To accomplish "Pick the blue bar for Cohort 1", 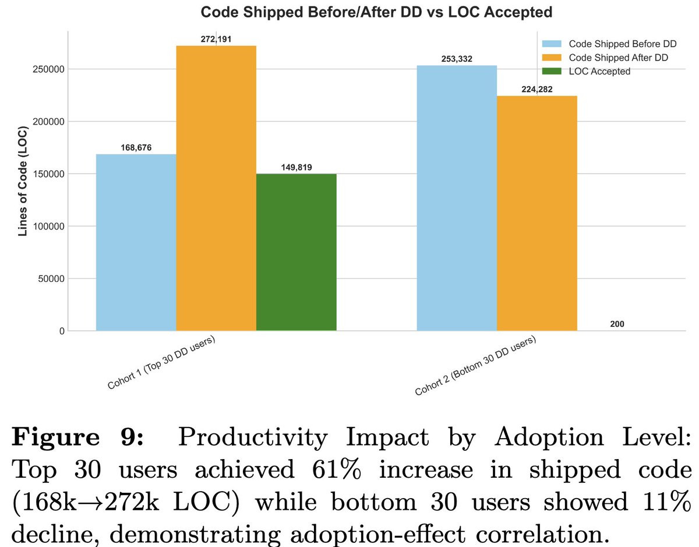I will pos(136,242).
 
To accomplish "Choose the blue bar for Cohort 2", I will pos(457,198).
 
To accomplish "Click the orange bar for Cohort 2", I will pos(537,213).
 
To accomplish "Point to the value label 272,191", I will pos(216,38).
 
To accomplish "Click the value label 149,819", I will pos(296,167).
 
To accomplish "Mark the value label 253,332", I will pos(457,59).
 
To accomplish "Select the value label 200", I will pos(617,323).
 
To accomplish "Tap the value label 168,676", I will pos(136,148).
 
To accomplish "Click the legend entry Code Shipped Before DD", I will pos(618,44).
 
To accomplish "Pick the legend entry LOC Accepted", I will pos(600,71).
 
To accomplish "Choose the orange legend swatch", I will pos(552,58).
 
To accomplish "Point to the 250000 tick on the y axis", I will pos(48,69).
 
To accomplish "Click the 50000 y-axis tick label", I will pos(50,278).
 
